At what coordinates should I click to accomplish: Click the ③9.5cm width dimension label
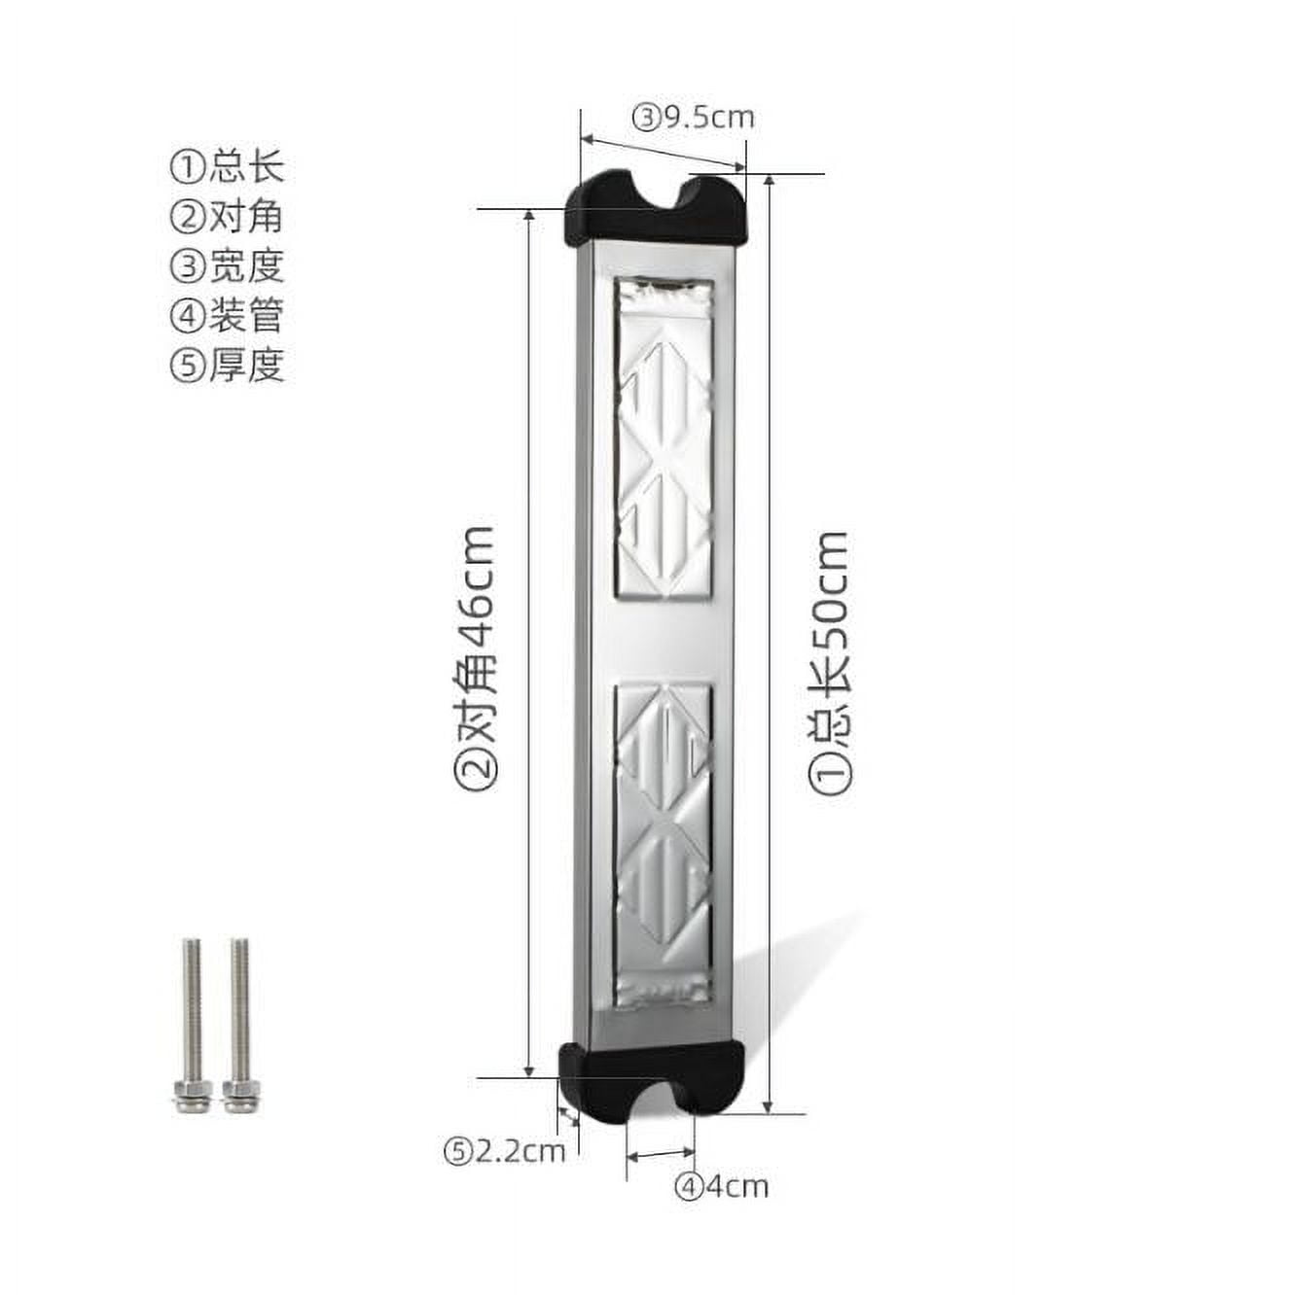click(x=693, y=118)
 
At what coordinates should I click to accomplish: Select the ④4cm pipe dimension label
click(x=723, y=1186)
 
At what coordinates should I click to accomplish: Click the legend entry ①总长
click(x=228, y=166)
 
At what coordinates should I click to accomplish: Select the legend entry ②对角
click(x=228, y=216)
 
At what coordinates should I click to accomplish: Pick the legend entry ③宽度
click(x=228, y=265)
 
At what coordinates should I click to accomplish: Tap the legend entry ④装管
click(x=228, y=315)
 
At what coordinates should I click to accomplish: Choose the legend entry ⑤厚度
click(x=228, y=365)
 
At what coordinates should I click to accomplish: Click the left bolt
click(x=191, y=1021)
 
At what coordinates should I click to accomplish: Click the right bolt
click(x=239, y=1021)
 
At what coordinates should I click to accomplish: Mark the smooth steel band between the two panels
click(x=662, y=642)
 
